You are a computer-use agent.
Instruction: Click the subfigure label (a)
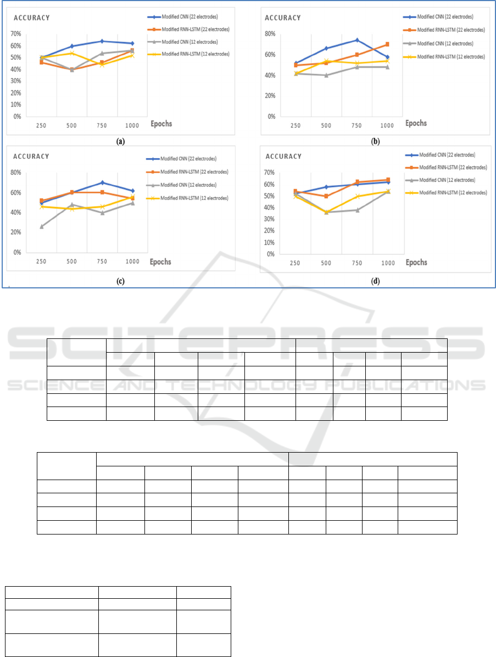[120, 141]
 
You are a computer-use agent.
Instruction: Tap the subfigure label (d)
[375, 281]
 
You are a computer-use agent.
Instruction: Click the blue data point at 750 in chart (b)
[356, 40]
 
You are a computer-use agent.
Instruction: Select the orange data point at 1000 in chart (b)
[387, 44]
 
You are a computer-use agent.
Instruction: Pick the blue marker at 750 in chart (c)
[102, 182]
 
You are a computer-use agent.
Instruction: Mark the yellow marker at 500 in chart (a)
[71, 53]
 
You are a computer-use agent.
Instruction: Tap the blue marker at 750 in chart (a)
[102, 41]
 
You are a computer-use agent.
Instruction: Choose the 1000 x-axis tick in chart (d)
[387, 263]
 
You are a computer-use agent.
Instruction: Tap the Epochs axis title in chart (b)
[416, 123]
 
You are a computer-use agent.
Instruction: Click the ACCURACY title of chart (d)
[283, 157]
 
